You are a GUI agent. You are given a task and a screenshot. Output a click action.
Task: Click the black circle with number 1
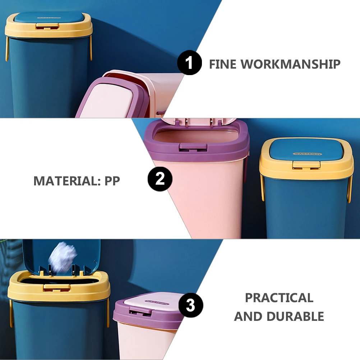click(x=189, y=63)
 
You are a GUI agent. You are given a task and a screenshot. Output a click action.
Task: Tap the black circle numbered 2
click(x=160, y=179)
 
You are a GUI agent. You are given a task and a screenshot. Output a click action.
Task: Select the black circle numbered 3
click(x=191, y=306)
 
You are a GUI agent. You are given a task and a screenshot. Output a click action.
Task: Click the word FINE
click(x=223, y=64)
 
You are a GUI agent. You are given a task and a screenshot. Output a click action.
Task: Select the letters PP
click(x=112, y=181)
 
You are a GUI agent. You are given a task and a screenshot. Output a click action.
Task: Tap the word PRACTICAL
click(x=279, y=298)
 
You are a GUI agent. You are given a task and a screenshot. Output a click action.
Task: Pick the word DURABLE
click(x=295, y=317)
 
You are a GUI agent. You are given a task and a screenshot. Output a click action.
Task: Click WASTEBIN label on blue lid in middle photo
click(x=308, y=154)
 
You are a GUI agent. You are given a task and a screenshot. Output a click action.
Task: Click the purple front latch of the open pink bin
click(x=193, y=147)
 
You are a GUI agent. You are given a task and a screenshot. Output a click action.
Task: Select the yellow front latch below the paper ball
click(x=57, y=287)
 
